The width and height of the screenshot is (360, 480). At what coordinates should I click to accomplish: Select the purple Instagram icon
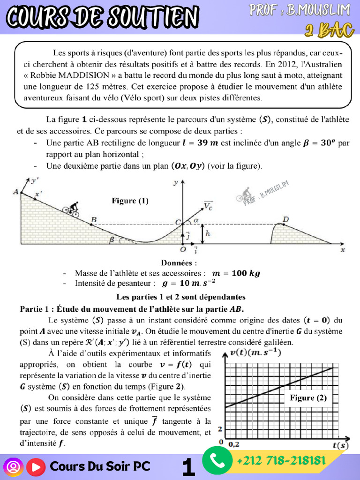(x=13, y=467)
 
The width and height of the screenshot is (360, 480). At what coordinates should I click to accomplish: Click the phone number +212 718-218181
(x=281, y=460)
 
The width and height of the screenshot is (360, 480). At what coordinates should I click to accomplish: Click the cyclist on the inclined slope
(x=72, y=209)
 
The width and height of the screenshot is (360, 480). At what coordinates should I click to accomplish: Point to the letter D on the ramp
(x=285, y=219)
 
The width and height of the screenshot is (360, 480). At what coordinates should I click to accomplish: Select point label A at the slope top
(x=16, y=192)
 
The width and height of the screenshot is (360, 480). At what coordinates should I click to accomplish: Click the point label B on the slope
(x=94, y=219)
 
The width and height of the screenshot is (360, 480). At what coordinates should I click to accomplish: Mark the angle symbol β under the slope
(x=111, y=240)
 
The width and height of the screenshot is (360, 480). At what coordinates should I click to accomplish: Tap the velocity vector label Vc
(x=208, y=205)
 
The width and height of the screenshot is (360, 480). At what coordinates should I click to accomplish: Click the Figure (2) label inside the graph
(x=308, y=398)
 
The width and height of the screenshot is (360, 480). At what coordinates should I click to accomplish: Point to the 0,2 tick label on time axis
(x=233, y=443)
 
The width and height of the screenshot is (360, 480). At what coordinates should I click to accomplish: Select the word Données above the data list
(x=179, y=263)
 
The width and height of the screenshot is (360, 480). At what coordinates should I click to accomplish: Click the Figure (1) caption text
(x=130, y=201)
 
